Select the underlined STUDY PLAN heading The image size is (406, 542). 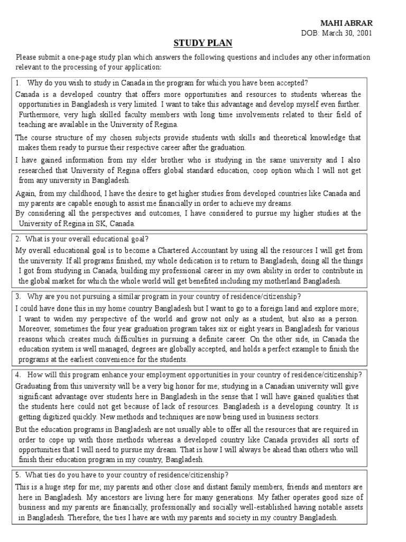click(202, 43)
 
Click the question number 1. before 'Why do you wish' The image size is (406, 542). click(18, 83)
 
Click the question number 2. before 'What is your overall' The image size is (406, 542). click(18, 239)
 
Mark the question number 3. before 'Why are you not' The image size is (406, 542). click(18, 296)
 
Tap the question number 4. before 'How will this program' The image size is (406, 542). click(18, 375)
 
